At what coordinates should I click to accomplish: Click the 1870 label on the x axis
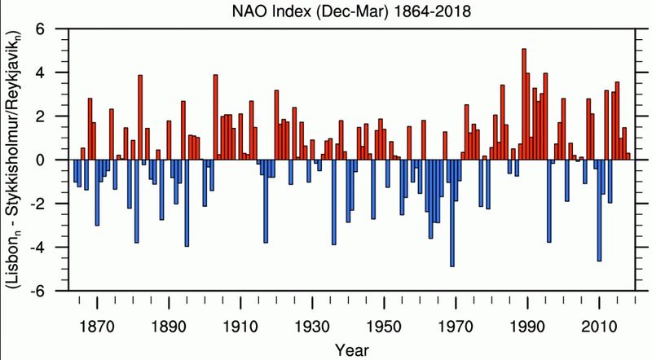(x=98, y=311)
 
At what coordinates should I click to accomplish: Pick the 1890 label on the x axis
(x=170, y=311)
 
